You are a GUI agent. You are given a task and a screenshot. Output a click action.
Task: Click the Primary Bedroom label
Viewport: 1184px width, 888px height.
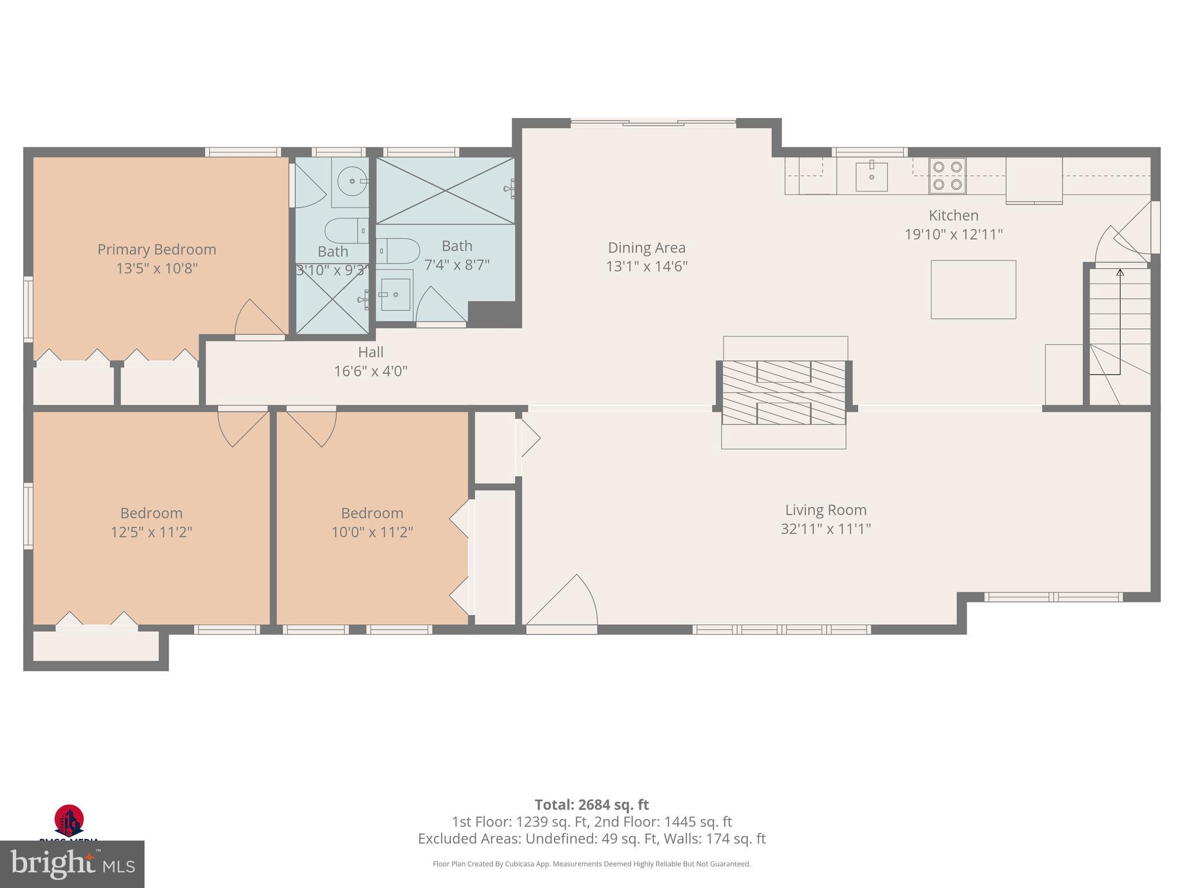point(157,249)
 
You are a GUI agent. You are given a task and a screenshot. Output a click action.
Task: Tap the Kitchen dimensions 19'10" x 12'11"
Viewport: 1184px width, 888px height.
point(953,234)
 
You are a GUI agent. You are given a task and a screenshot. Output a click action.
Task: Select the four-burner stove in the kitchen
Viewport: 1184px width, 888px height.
point(947,176)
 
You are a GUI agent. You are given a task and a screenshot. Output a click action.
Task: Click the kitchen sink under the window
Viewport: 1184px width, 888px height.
point(871,176)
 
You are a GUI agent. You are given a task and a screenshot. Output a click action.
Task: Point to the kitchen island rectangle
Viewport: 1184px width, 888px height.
point(973,290)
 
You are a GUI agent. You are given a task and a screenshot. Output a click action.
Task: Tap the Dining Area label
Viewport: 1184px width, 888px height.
point(646,247)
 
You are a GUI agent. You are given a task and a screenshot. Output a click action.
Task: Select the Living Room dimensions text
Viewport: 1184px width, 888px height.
point(826,529)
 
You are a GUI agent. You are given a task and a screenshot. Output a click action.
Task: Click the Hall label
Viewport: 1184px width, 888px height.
point(371,352)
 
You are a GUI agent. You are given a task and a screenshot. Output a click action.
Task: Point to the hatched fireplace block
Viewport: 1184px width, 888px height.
point(784,392)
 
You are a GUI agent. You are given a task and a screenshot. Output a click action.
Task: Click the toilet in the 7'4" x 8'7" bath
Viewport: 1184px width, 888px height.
point(399,251)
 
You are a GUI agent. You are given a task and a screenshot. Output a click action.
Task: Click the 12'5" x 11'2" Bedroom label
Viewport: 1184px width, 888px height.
point(151,513)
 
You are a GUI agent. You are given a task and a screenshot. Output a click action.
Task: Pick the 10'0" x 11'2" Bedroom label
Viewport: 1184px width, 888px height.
point(372,513)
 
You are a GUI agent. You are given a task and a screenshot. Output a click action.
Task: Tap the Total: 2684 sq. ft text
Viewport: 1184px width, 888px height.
point(591,805)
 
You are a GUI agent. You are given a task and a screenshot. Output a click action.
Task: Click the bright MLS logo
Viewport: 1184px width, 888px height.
point(72,864)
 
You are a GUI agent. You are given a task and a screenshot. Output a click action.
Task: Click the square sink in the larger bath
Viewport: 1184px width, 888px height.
point(395,294)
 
